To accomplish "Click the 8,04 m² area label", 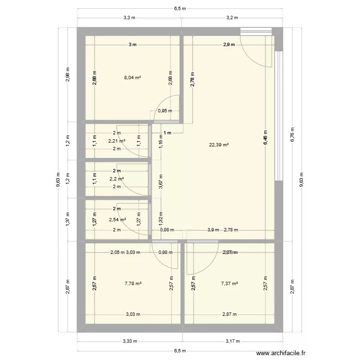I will pos(132,77).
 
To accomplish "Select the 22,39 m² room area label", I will pos(218,144).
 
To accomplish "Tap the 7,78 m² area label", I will pos(133,284).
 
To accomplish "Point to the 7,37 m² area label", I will pos(229,284).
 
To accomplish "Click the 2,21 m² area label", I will pos(117,141).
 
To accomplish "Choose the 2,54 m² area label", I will pos(117,220).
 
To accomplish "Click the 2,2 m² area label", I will pos(117,179).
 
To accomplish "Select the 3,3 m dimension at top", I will pos(129,18).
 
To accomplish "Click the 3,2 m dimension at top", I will pos(232,18).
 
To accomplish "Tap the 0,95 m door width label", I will pos(165,111).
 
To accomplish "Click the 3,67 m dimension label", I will pos(161,182).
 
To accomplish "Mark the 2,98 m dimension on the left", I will pos(68,74).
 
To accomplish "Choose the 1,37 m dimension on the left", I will pos(68,218).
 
